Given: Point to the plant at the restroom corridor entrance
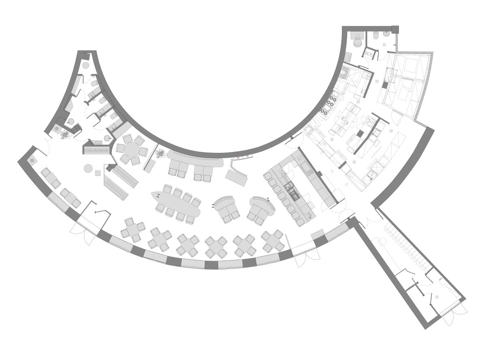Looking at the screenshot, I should [64, 134].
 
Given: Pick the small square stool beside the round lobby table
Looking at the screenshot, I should [98, 173].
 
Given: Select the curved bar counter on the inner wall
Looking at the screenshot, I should [194, 158].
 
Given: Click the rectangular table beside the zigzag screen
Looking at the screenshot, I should [236, 177].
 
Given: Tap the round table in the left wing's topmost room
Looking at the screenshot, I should [86, 65].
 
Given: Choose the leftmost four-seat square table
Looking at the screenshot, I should [133, 230].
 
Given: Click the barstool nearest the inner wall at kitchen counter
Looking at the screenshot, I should [268, 176].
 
